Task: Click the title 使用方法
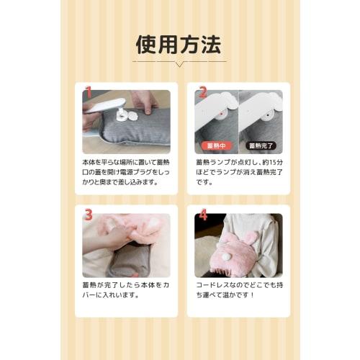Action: click(x=179, y=44)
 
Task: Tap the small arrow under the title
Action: click(x=179, y=63)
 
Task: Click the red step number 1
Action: click(x=89, y=92)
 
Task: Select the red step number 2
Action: click(x=202, y=92)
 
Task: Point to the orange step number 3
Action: click(x=89, y=215)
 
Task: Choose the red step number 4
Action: click(x=202, y=215)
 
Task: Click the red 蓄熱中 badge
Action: click(x=216, y=145)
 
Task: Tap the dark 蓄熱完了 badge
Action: click(x=260, y=145)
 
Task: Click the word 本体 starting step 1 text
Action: click(x=89, y=163)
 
